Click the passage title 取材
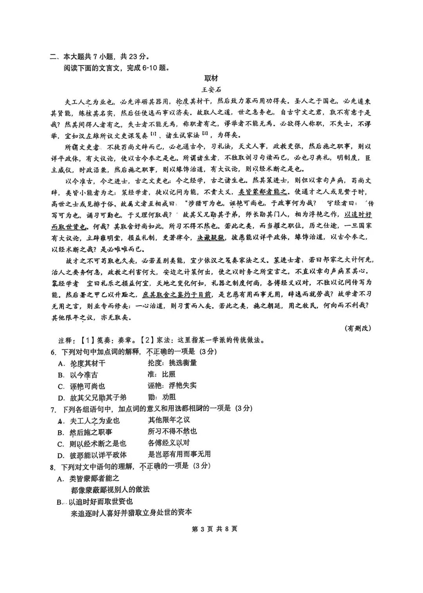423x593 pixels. [211, 78]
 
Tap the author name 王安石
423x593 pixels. [211, 89]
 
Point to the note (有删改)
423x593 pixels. [358, 328]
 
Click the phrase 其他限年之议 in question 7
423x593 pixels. [169, 420]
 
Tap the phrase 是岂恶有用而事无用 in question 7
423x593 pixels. [179, 454]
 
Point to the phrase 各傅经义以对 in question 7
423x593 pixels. [169, 442]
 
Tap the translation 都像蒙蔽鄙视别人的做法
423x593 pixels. [110, 490]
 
